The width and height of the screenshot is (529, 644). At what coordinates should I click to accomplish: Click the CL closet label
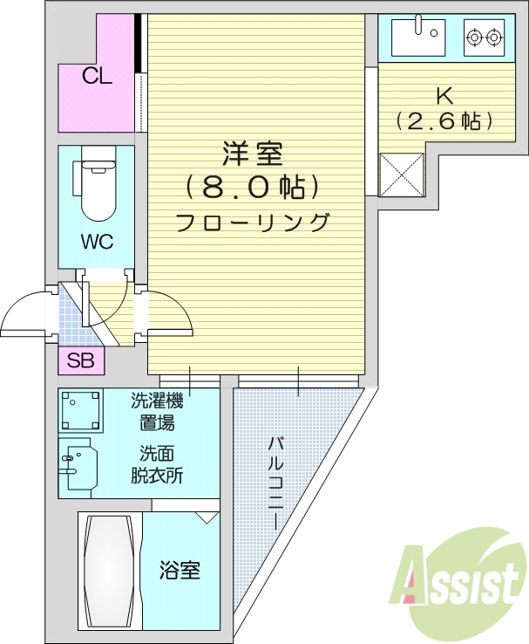coord(97,76)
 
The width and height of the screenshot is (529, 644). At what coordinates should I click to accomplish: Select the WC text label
coord(97,243)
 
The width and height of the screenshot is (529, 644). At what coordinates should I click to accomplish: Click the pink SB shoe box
coord(81,360)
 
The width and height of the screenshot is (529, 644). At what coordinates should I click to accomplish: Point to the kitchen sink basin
coord(418,37)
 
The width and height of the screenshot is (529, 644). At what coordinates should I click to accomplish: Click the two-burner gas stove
coord(484,38)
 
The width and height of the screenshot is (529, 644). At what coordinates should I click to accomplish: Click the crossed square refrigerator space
coord(401,173)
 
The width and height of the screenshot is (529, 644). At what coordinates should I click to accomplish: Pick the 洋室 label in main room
coord(252,154)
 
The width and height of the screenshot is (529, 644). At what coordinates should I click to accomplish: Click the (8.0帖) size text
coord(252,187)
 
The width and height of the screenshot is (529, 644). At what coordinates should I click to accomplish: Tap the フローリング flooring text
coord(252,222)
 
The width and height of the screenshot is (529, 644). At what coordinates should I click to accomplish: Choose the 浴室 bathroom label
coord(180,571)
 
